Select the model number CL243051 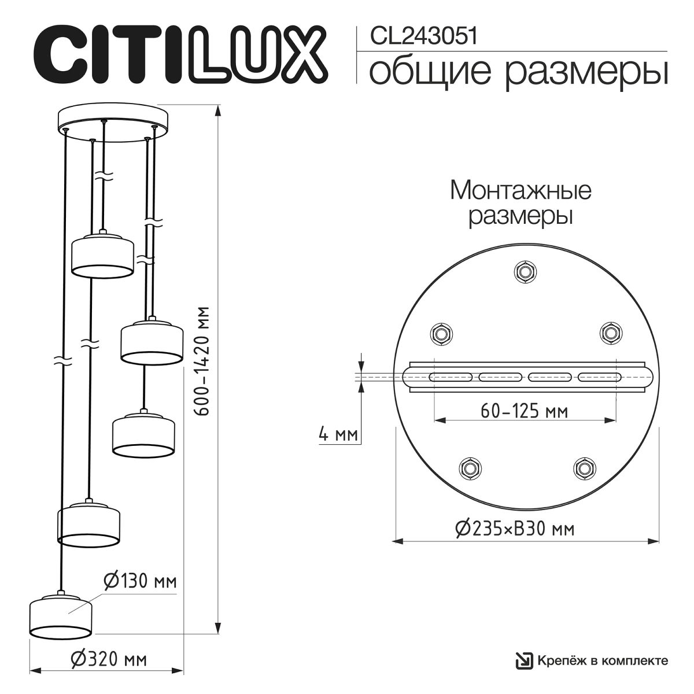(423, 36)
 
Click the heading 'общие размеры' (518, 72)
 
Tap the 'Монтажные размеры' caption (520, 203)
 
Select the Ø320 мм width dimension (108, 659)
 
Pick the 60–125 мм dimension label (524, 411)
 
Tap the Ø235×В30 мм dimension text (514, 528)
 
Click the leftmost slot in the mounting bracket (450, 377)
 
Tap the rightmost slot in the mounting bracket (600, 377)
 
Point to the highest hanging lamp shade (102, 253)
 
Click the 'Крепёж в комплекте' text (603, 660)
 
